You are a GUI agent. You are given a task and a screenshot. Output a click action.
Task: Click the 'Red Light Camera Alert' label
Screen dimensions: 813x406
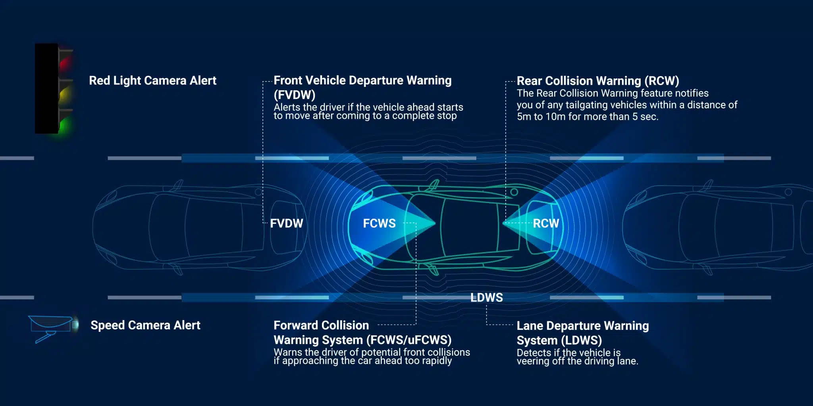click(x=152, y=80)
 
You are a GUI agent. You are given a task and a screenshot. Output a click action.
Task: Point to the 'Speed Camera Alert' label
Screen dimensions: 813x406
click(x=145, y=325)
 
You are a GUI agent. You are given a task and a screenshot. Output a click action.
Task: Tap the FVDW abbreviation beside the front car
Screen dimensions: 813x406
click(x=286, y=223)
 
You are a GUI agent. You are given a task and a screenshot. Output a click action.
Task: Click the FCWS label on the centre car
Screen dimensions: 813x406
click(x=379, y=223)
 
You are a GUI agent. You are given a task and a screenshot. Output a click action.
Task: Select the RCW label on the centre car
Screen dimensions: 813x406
click(x=546, y=223)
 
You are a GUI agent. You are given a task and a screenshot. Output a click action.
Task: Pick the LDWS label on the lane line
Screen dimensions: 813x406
click(x=487, y=297)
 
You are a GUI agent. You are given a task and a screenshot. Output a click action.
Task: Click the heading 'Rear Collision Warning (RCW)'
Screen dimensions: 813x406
click(x=598, y=81)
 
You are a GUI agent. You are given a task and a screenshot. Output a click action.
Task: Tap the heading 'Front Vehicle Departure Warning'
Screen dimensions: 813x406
click(x=362, y=80)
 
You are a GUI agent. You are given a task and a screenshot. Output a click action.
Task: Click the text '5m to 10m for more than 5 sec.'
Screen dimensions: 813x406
click(x=588, y=117)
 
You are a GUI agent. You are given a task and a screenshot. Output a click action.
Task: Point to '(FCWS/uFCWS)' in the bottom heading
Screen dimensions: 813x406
click(x=409, y=340)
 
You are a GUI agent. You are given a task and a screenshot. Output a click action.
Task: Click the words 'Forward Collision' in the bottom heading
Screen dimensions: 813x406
click(x=321, y=325)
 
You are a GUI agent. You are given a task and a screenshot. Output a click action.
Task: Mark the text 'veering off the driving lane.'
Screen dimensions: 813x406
click(x=577, y=361)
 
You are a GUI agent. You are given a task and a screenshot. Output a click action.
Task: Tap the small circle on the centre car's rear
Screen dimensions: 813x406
click(x=514, y=192)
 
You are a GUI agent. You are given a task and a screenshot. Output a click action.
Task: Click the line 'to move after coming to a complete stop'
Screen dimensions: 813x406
click(x=365, y=116)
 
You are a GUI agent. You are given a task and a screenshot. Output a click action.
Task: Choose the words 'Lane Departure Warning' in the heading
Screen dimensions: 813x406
click(x=583, y=326)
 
